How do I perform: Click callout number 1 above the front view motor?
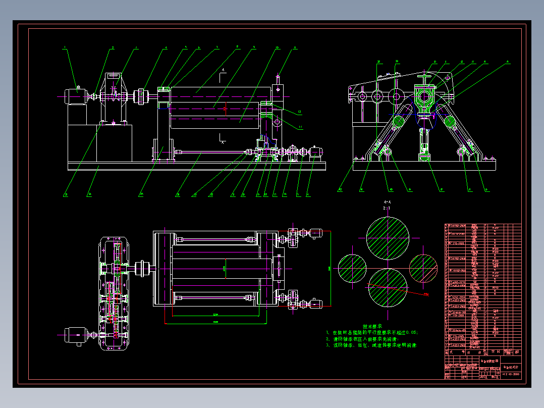tap(65, 48)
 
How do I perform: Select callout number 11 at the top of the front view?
tap(295, 48)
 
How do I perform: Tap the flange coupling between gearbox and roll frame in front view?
tap(142, 96)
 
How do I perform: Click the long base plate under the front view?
tap(197, 166)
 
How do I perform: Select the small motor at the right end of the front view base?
tap(317, 151)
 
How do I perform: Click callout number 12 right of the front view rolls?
tap(299, 112)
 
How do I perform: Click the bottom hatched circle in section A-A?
tap(387, 287)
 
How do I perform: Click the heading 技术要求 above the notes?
tap(373, 327)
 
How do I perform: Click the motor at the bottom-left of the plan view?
tap(75, 336)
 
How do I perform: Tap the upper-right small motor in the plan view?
tap(314, 233)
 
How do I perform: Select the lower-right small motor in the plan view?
tap(314, 303)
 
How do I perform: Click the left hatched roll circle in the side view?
tap(399, 122)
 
